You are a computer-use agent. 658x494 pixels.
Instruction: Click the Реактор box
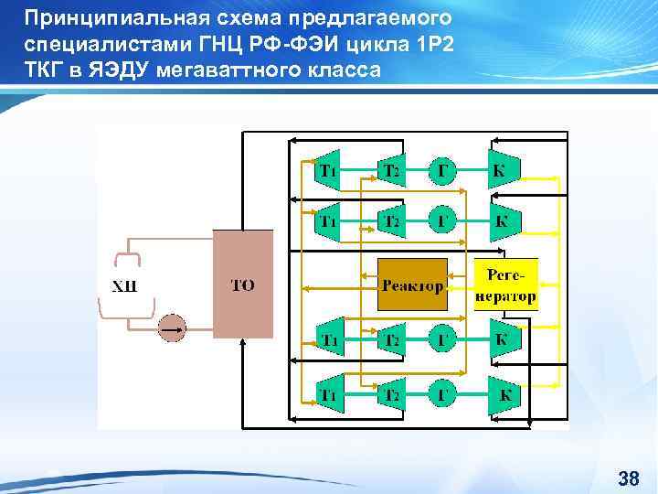point(413,285)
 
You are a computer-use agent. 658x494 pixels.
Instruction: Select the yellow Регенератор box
point(505,285)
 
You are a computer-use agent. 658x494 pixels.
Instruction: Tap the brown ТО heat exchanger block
point(242,285)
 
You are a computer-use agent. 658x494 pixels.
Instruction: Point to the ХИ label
point(124,286)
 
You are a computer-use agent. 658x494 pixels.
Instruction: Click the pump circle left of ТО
point(172,327)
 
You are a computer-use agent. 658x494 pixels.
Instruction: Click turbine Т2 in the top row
point(391,170)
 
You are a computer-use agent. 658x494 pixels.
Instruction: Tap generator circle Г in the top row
point(443,170)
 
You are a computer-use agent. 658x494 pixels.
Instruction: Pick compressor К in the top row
point(501,170)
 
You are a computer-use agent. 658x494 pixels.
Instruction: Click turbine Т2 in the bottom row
point(391,395)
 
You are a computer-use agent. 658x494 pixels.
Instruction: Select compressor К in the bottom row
point(503,395)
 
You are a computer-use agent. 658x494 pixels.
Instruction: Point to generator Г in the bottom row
point(443,395)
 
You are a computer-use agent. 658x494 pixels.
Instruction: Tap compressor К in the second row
point(502,220)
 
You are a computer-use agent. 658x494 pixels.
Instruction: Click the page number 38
point(628,478)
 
